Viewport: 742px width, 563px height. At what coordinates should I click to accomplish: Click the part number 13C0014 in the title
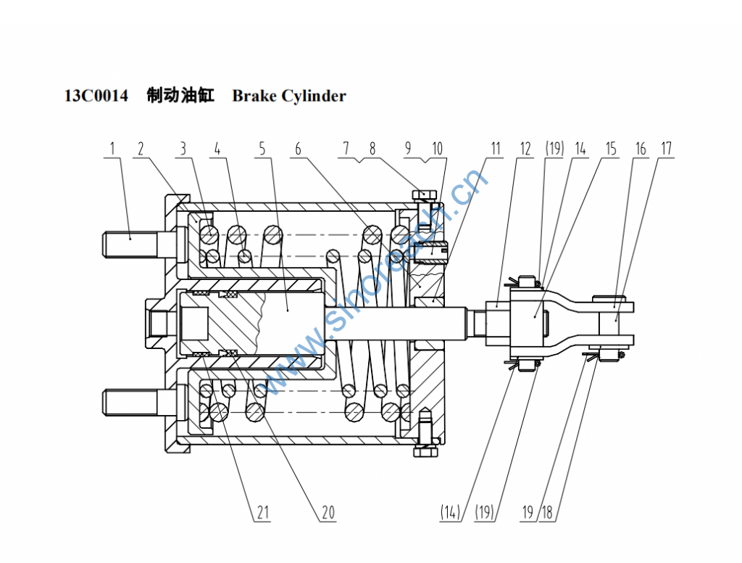pos(96,96)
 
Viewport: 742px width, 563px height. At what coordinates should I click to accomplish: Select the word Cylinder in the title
pos(314,96)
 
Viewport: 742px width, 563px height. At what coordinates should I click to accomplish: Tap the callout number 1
pos(112,149)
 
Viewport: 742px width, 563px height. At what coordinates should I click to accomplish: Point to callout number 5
pos(262,149)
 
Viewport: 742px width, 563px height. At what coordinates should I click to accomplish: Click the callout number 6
pos(298,149)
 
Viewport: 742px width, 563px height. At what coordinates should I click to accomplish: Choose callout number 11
pos(495,149)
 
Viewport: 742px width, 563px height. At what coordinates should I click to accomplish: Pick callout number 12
pos(525,149)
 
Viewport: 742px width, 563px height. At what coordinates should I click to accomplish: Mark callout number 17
pos(667,149)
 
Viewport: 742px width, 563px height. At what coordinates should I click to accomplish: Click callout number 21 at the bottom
pos(262,512)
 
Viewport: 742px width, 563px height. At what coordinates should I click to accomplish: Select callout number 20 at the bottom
pos(328,512)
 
